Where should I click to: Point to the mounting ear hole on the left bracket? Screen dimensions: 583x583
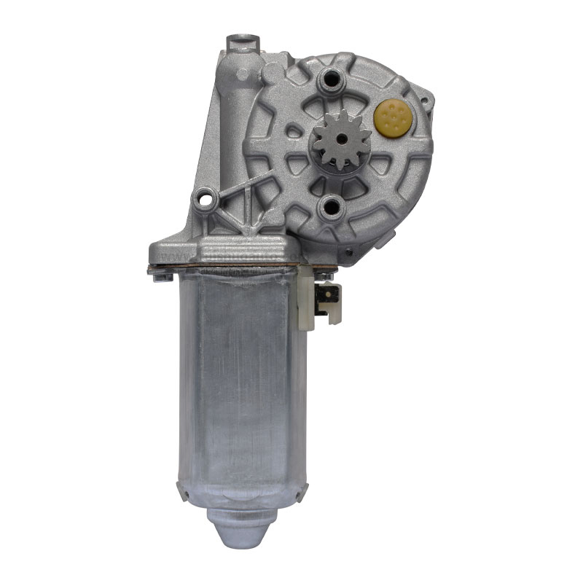tap(205, 197)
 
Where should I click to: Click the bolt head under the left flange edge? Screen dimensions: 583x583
tap(162, 275)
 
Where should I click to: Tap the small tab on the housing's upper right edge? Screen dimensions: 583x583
tap(430, 102)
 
